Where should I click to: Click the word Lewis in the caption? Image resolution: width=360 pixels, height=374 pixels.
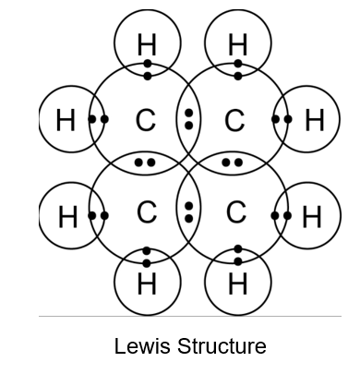click(142, 346)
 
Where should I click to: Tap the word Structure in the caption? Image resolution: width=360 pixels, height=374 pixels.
click(222, 346)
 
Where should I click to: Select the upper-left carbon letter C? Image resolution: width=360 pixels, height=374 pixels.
click(146, 120)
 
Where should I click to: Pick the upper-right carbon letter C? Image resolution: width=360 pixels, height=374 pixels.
click(234, 120)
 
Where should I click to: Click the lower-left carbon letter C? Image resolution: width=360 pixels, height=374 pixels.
click(147, 212)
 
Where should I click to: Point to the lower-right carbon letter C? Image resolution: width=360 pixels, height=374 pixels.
click(236, 212)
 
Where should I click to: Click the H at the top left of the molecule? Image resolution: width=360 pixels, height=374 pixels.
click(147, 44)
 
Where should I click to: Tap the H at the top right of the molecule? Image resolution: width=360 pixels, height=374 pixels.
click(238, 44)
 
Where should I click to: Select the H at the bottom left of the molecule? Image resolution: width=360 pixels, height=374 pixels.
click(147, 284)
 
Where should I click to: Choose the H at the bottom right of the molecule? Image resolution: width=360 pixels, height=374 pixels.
click(238, 284)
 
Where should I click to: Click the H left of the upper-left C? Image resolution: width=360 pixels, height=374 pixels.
click(66, 120)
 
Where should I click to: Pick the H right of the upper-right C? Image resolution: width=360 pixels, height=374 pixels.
click(315, 120)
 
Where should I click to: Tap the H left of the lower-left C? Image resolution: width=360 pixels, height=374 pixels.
click(67, 217)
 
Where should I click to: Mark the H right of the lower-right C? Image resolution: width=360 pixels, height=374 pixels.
click(312, 217)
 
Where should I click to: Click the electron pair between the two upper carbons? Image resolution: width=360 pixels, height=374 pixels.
click(189, 119)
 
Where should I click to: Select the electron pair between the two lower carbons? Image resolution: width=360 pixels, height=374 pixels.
click(189, 212)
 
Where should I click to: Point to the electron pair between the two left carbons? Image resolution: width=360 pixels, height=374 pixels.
click(145, 163)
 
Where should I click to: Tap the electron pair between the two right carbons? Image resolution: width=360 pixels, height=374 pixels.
click(233, 163)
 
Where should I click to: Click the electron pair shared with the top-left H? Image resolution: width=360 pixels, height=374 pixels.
click(148, 70)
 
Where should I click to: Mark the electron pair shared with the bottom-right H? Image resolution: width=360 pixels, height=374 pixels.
click(238, 255)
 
